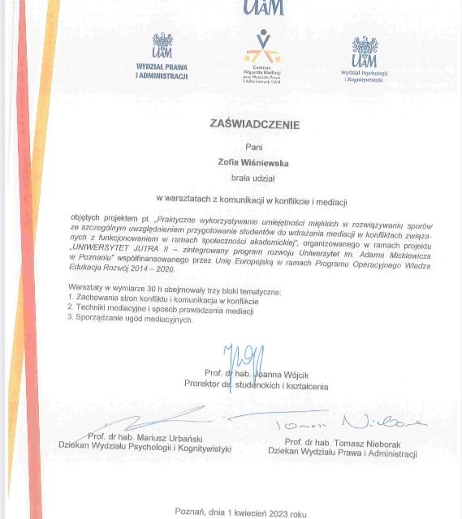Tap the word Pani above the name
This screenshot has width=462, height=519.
click(254, 147)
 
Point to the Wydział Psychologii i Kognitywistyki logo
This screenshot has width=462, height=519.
click(364, 59)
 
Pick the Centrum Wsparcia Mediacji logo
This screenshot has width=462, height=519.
click(261, 54)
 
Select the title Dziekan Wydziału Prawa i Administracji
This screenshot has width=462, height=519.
click(342, 450)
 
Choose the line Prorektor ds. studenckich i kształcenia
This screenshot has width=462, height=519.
click(256, 385)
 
